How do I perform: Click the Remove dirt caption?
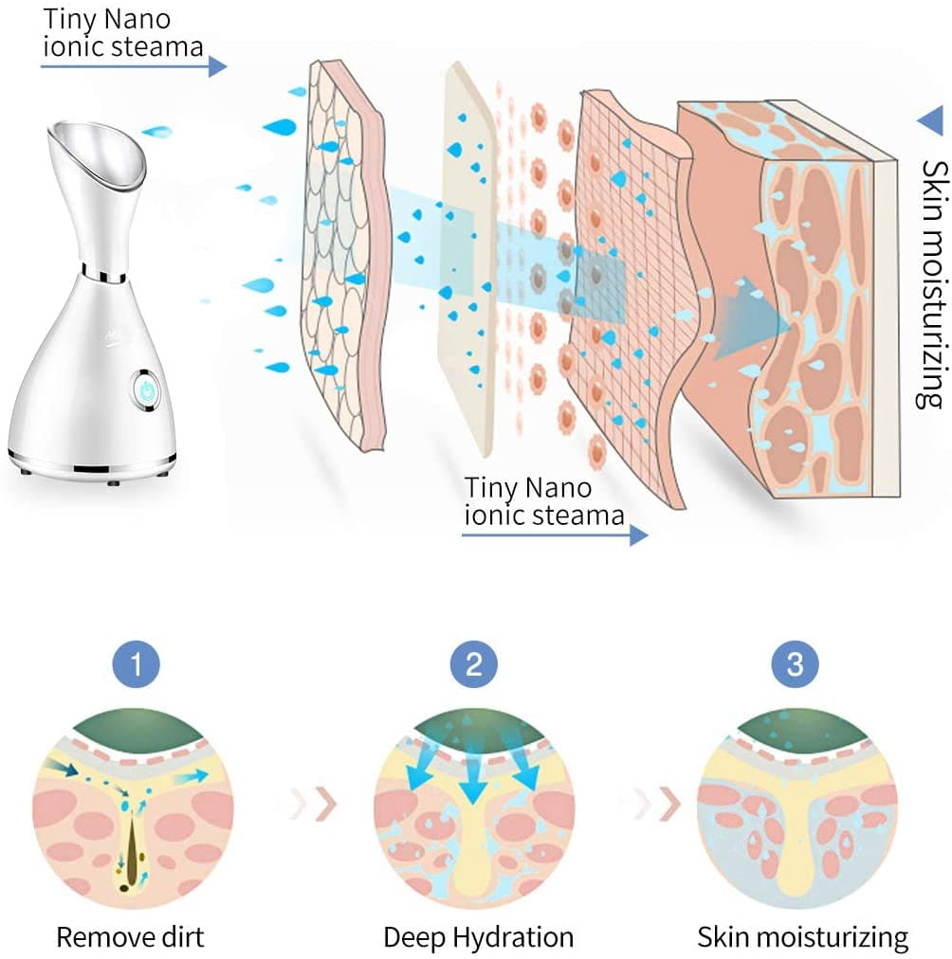coord(130,937)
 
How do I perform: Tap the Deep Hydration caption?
coord(478,937)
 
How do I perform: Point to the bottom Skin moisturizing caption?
coord(802,937)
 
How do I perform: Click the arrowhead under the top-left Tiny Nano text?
coord(218,65)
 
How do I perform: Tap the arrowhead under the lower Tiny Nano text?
coord(638,535)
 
